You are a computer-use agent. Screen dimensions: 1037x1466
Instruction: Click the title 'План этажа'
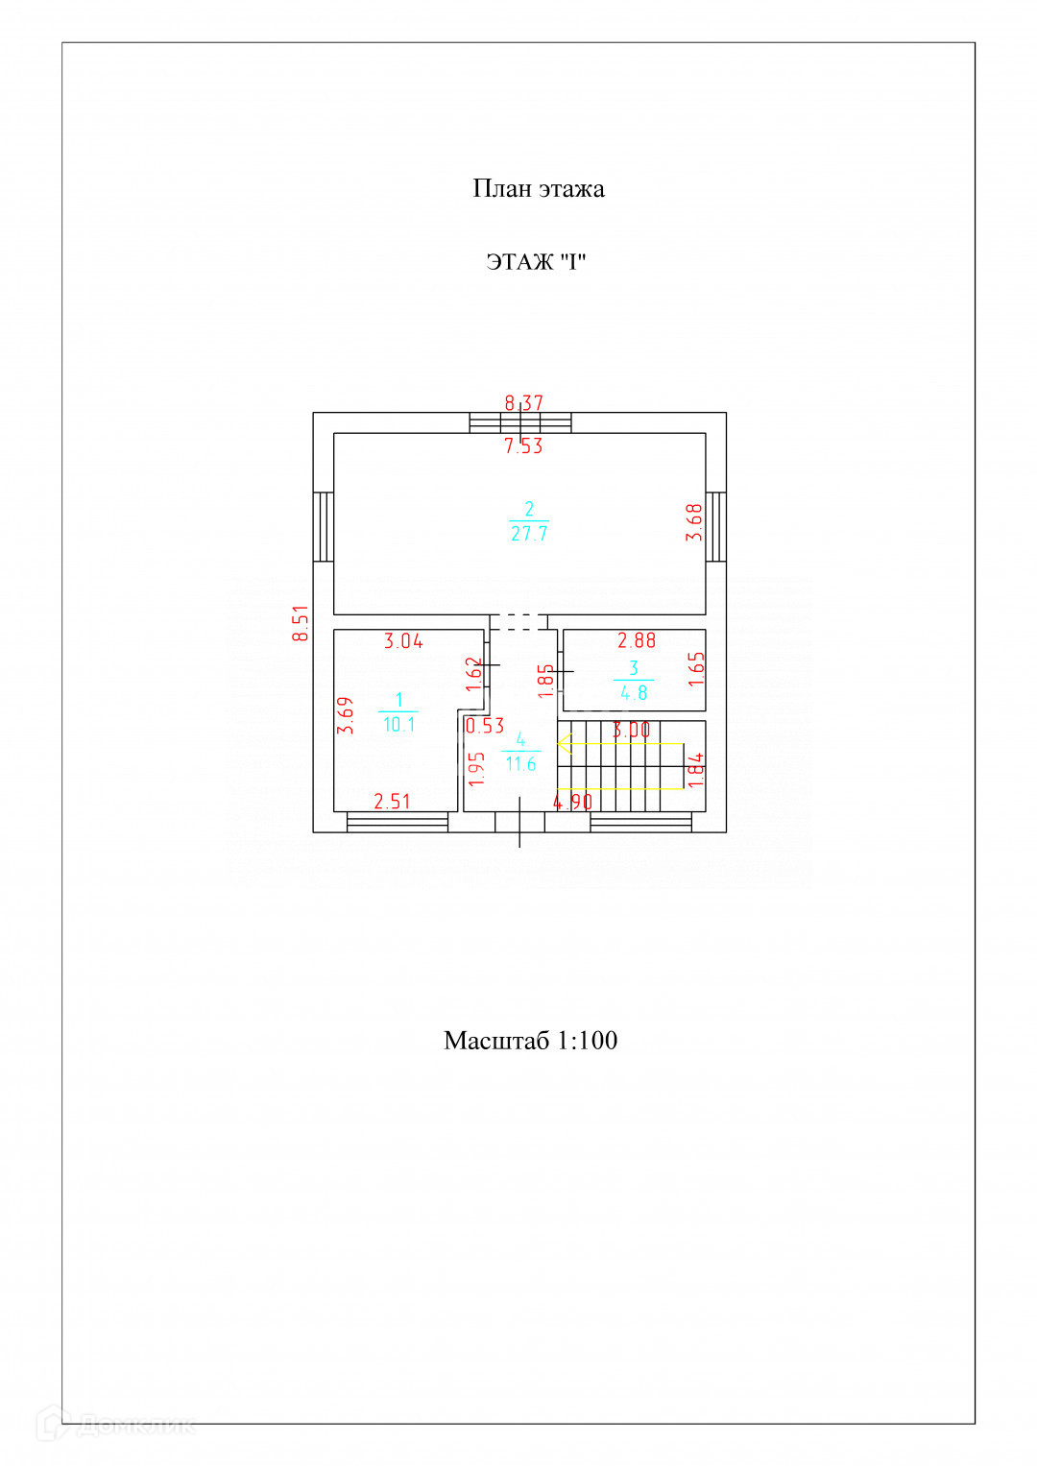click(x=538, y=188)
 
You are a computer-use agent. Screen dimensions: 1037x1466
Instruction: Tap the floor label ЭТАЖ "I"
click(x=536, y=262)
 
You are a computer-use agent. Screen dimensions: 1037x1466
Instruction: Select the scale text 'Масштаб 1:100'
click(x=530, y=1041)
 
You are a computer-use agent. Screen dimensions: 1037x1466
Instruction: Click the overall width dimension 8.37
click(x=524, y=403)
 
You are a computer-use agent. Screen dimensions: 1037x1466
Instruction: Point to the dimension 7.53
click(x=524, y=445)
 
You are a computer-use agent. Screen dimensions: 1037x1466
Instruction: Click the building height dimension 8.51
click(x=301, y=623)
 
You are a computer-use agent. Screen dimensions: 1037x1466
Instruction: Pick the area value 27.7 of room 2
click(x=529, y=534)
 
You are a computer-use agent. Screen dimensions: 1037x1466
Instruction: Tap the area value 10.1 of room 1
click(x=398, y=725)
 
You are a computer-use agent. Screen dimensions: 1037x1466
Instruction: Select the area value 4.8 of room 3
click(x=634, y=692)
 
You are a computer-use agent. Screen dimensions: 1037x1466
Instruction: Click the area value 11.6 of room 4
click(x=520, y=764)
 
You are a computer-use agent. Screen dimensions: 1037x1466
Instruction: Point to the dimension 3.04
click(x=403, y=641)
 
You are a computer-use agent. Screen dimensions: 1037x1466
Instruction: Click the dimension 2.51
click(x=392, y=801)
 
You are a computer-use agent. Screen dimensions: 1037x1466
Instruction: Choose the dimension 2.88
click(x=637, y=640)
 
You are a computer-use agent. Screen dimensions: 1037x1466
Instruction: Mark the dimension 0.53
click(x=485, y=726)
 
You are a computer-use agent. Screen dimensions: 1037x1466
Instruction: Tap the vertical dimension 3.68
click(x=694, y=522)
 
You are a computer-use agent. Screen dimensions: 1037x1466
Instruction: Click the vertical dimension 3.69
click(x=346, y=715)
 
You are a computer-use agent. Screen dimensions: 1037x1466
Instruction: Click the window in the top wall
click(x=520, y=422)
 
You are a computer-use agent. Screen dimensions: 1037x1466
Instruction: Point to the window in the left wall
click(x=324, y=526)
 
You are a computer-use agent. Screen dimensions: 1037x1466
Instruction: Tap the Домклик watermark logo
click(x=115, y=1424)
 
